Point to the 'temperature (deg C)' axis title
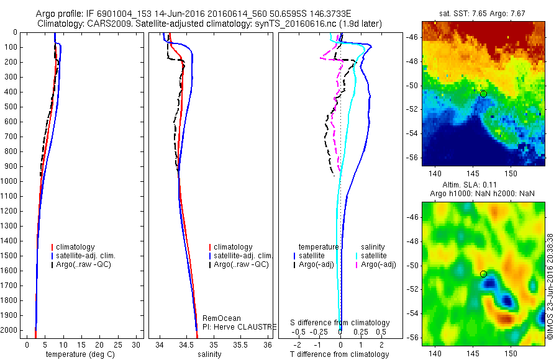click(x=78, y=354)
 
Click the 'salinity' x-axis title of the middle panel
click(x=208, y=354)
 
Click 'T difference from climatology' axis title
click(x=340, y=354)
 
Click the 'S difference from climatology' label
click(x=340, y=323)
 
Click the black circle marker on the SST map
click(x=483, y=94)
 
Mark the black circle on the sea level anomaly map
click(x=483, y=274)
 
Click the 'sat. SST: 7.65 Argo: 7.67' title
click(x=483, y=13)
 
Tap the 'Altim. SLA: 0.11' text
click(x=483, y=185)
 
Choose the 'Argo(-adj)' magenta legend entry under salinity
click(x=379, y=265)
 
